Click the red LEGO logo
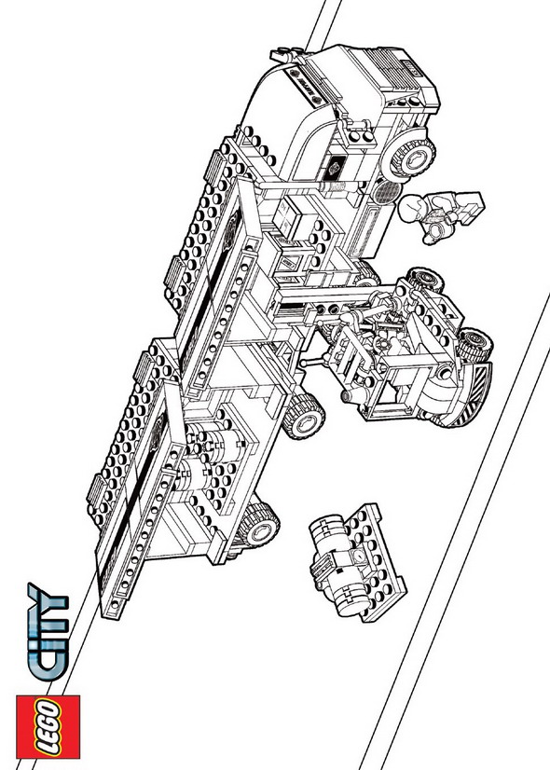(48, 727)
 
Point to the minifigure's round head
(411, 208)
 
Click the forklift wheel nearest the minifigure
(425, 280)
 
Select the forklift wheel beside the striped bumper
(474, 343)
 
